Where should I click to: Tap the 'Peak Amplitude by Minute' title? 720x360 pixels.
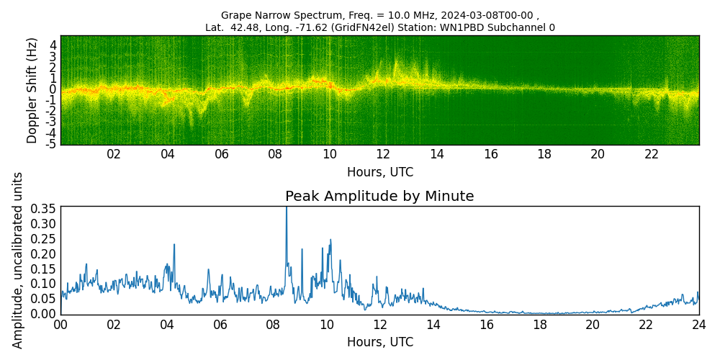tap(379, 197)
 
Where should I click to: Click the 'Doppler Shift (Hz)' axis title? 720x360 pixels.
tap(32, 90)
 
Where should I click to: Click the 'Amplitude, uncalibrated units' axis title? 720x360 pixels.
tap(18, 260)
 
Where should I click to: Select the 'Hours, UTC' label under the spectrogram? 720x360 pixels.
tap(379, 173)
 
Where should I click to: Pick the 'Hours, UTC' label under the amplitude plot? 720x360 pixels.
tap(379, 342)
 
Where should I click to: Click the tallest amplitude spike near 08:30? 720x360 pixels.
tap(287, 208)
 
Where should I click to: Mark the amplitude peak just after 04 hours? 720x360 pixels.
tap(174, 245)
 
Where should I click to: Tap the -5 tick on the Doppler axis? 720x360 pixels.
tap(51, 144)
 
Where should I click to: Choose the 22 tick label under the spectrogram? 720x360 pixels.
tap(652, 154)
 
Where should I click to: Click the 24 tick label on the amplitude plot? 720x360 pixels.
tap(698, 324)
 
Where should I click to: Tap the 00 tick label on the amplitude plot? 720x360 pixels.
tap(60, 324)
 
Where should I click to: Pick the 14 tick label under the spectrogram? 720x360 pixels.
tap(437, 154)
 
